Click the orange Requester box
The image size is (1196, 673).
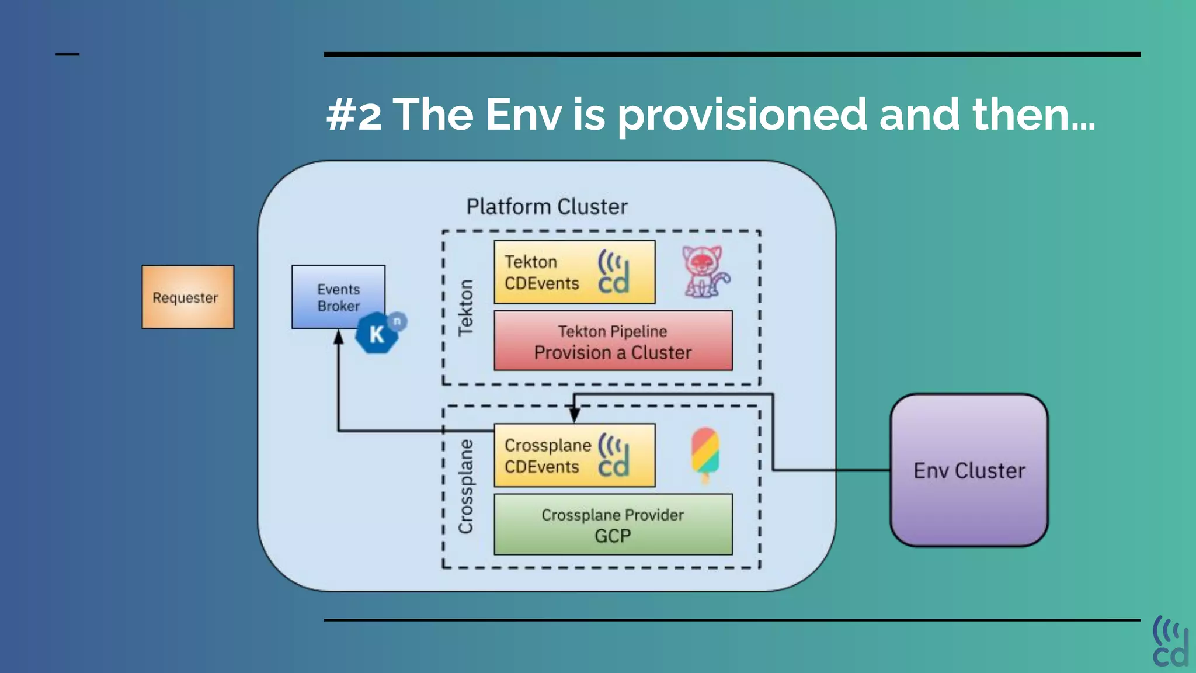(187, 297)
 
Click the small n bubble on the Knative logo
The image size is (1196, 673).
(397, 321)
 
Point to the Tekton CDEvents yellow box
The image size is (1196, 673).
(574, 272)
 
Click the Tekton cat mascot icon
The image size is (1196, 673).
(705, 272)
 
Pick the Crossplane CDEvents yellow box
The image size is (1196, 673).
(574, 456)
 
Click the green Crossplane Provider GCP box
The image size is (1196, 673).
(613, 525)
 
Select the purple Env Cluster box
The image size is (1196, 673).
(969, 470)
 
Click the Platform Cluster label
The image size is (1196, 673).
(547, 207)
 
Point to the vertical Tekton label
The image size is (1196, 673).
(465, 307)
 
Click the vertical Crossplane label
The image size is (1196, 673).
(465, 486)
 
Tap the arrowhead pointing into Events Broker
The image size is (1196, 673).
(338, 338)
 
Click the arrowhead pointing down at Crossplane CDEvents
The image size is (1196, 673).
(575, 415)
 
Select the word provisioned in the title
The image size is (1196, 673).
(742, 115)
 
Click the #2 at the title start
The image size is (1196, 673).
(354, 115)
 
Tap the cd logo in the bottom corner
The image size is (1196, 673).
(1170, 641)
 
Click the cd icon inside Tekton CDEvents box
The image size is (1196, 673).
(613, 273)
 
